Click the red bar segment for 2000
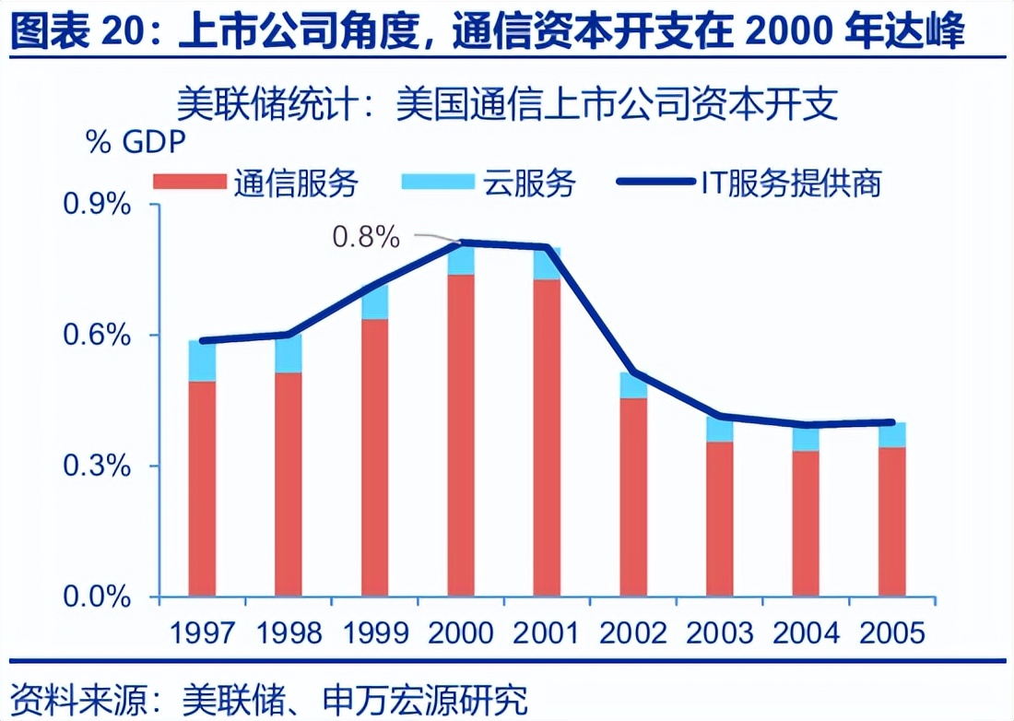pos(461,433)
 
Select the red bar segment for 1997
pos(202,489)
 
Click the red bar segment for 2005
pos(891,521)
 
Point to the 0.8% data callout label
pos(366,237)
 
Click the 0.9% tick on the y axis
pos(96,205)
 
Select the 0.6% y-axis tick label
pos(96,336)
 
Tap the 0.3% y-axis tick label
pos(96,467)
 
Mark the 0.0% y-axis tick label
pos(96,597)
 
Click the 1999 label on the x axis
pos(376,633)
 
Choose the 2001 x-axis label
pos(547,633)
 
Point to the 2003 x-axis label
pos(720,633)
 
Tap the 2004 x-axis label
pos(806,633)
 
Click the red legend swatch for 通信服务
pos(189,182)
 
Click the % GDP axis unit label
pos(136,143)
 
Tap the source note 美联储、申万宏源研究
pos(360,696)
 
